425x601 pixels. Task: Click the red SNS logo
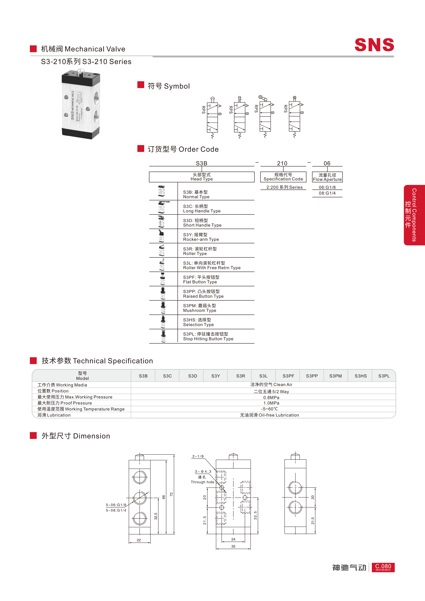(374, 45)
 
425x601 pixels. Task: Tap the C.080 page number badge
(383, 567)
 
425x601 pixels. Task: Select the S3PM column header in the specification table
(335, 376)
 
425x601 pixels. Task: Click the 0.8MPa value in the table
(271, 397)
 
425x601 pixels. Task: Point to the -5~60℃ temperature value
(269, 409)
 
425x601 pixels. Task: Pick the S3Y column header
(215, 376)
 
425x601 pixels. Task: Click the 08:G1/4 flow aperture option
(327, 193)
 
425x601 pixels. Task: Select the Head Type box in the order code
(202, 177)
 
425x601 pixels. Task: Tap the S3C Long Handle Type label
(202, 209)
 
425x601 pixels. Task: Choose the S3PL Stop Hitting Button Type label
(208, 336)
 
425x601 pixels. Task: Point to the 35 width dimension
(233, 546)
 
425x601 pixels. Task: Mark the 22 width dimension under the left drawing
(139, 540)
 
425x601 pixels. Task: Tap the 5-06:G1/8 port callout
(116, 505)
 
